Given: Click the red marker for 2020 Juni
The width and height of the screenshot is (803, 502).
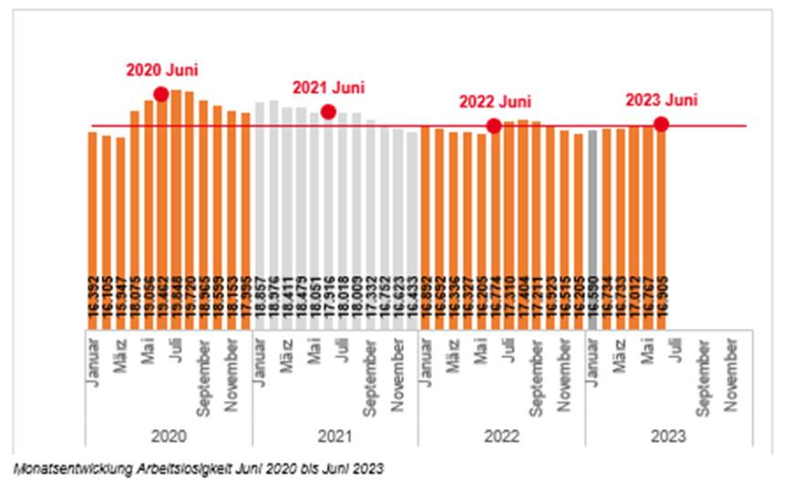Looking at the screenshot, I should [161, 94].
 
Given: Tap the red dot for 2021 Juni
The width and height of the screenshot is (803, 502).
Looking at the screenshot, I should [328, 112].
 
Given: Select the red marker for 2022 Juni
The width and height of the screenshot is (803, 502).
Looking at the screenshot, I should [494, 126].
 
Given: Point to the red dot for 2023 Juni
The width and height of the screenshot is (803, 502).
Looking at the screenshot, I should [661, 125].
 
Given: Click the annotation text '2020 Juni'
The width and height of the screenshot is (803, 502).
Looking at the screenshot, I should [161, 70].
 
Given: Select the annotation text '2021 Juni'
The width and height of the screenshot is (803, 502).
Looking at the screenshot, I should [328, 88].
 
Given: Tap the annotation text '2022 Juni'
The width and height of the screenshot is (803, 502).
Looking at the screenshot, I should [495, 102].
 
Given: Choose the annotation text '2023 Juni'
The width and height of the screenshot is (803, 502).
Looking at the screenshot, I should [662, 101].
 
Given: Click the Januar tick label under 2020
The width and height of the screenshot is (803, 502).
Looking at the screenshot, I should [93, 363].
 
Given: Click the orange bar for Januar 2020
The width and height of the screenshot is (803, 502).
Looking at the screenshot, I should [92, 228].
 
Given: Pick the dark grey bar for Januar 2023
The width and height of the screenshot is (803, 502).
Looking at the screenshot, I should [592, 228].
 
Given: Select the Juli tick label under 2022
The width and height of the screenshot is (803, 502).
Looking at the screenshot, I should [508, 352].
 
